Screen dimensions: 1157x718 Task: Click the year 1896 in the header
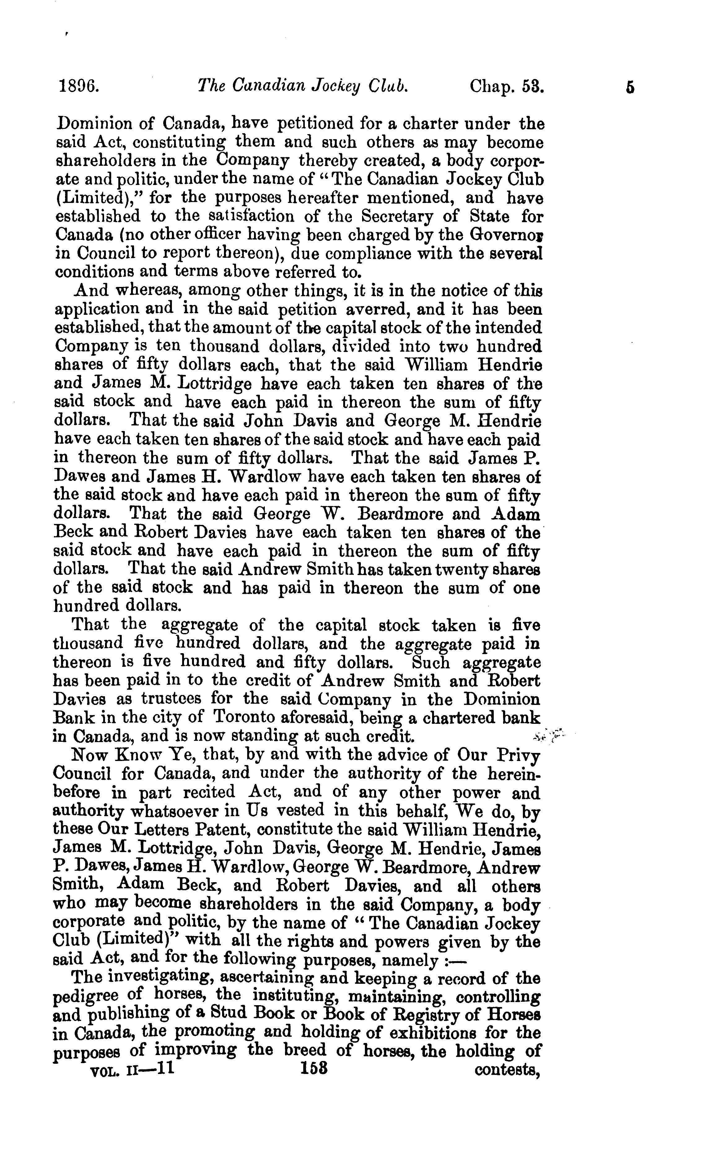(79, 87)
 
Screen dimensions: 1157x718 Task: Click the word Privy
(519, 755)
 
